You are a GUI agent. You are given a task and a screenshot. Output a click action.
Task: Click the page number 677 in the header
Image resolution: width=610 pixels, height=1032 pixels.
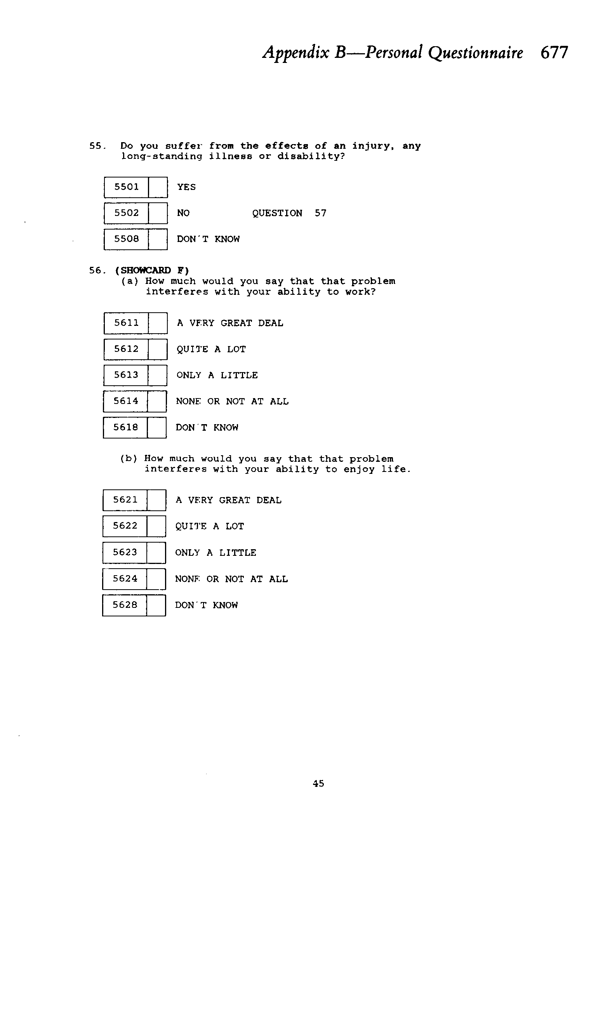point(554,52)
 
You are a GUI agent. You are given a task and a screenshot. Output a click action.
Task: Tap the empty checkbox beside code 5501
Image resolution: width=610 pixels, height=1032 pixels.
point(158,188)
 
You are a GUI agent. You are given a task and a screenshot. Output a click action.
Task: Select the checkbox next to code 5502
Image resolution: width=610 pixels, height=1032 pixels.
point(158,213)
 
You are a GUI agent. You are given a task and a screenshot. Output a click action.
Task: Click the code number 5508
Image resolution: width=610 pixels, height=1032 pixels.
point(126,239)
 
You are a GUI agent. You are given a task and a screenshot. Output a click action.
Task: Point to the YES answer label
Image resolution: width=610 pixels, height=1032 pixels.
point(186,187)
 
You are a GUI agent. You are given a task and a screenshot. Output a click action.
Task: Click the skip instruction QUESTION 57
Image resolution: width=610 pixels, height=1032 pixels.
point(289,213)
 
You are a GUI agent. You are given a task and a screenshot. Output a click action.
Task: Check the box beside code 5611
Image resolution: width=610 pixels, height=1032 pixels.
point(158,323)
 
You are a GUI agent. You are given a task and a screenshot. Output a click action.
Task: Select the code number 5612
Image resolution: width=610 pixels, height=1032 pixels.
point(126,349)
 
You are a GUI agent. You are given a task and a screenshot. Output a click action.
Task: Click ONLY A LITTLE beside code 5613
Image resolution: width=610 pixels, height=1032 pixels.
point(217,375)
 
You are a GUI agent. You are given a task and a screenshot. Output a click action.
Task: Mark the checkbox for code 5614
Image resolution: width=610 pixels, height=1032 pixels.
point(157,401)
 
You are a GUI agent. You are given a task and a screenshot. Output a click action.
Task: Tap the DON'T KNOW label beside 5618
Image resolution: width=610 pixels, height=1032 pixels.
point(207,428)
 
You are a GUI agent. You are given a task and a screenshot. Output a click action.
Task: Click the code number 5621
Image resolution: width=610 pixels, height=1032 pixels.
point(125,499)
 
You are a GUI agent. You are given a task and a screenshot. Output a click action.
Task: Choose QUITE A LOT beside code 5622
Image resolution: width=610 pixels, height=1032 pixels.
point(210,526)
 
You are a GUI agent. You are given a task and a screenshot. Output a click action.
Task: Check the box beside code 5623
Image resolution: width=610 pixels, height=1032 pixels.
point(156,553)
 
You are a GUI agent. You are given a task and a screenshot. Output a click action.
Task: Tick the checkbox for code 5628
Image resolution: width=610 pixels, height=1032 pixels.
point(156,605)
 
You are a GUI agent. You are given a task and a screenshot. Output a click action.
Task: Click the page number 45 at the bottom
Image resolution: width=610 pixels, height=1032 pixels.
point(318,783)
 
